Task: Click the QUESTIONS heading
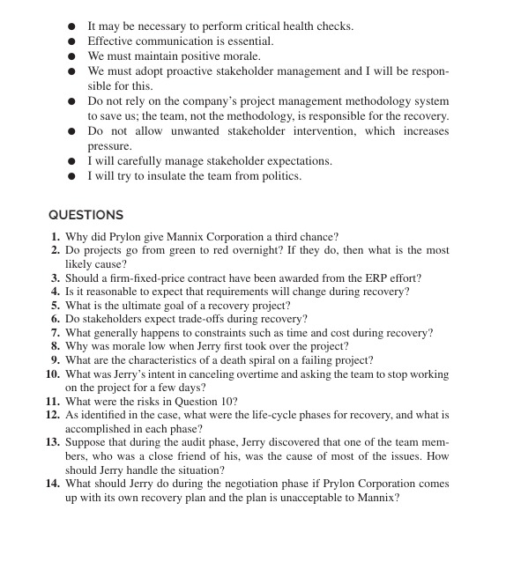[x=86, y=215]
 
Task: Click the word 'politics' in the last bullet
[x=279, y=176]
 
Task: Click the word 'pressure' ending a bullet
[x=109, y=146]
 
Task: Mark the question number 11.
[x=53, y=401]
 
